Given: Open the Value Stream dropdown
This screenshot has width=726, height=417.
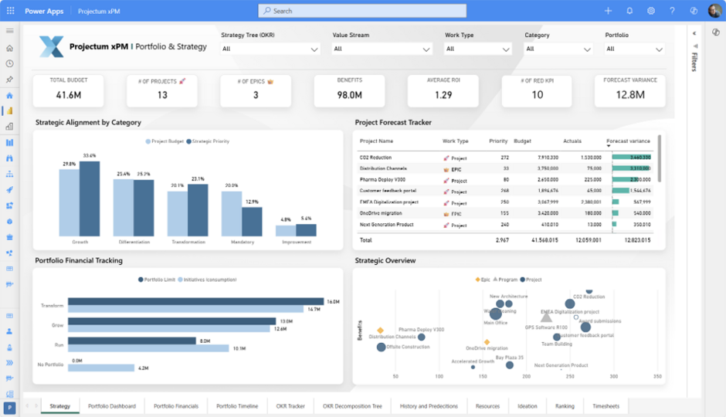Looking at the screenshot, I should (382, 49).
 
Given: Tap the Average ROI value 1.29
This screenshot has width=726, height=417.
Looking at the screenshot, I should (443, 95).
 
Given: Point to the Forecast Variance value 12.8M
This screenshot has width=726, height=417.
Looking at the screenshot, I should (630, 95).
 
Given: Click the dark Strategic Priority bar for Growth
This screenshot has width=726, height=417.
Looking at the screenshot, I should (90, 198).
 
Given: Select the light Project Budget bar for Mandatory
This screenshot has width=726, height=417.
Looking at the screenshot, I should (232, 213).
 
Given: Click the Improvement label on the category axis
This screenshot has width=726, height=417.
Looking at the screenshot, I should (297, 242).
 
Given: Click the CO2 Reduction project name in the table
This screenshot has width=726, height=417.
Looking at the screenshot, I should (375, 158).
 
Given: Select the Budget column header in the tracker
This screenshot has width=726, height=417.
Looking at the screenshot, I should (522, 141).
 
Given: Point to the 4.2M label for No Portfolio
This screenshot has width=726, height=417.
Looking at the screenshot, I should (142, 368).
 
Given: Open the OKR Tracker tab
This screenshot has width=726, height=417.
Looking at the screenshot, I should (290, 406).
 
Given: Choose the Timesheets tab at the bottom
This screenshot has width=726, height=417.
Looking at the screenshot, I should (606, 406).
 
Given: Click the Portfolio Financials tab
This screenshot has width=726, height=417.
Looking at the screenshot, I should (176, 406).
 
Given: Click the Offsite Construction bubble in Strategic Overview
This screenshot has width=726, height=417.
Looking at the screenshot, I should (381, 347).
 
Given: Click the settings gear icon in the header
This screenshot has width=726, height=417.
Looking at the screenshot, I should (651, 11).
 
